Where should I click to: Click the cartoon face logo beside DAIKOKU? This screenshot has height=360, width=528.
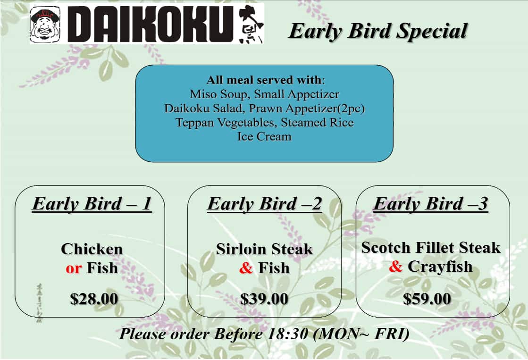(45, 25)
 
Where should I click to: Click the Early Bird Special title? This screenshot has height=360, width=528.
(377, 31)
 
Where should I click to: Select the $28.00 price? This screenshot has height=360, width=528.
(94, 299)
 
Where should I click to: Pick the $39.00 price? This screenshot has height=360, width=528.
(264, 299)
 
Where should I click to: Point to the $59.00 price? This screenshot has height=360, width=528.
(427, 299)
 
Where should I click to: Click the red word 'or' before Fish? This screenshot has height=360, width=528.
(74, 268)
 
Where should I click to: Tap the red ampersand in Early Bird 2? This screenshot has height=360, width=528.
(246, 268)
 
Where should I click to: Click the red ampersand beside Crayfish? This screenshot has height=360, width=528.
(395, 267)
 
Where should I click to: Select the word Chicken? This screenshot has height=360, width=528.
(92, 249)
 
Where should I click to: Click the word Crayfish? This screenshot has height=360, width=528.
(440, 267)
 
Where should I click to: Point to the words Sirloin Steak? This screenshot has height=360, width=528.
(264, 249)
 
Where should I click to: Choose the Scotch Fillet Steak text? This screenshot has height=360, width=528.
(430, 247)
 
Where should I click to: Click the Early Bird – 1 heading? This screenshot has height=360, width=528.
(92, 204)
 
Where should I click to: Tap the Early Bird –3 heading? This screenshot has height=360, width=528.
(430, 204)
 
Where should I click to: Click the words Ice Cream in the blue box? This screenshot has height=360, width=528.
(264, 137)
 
